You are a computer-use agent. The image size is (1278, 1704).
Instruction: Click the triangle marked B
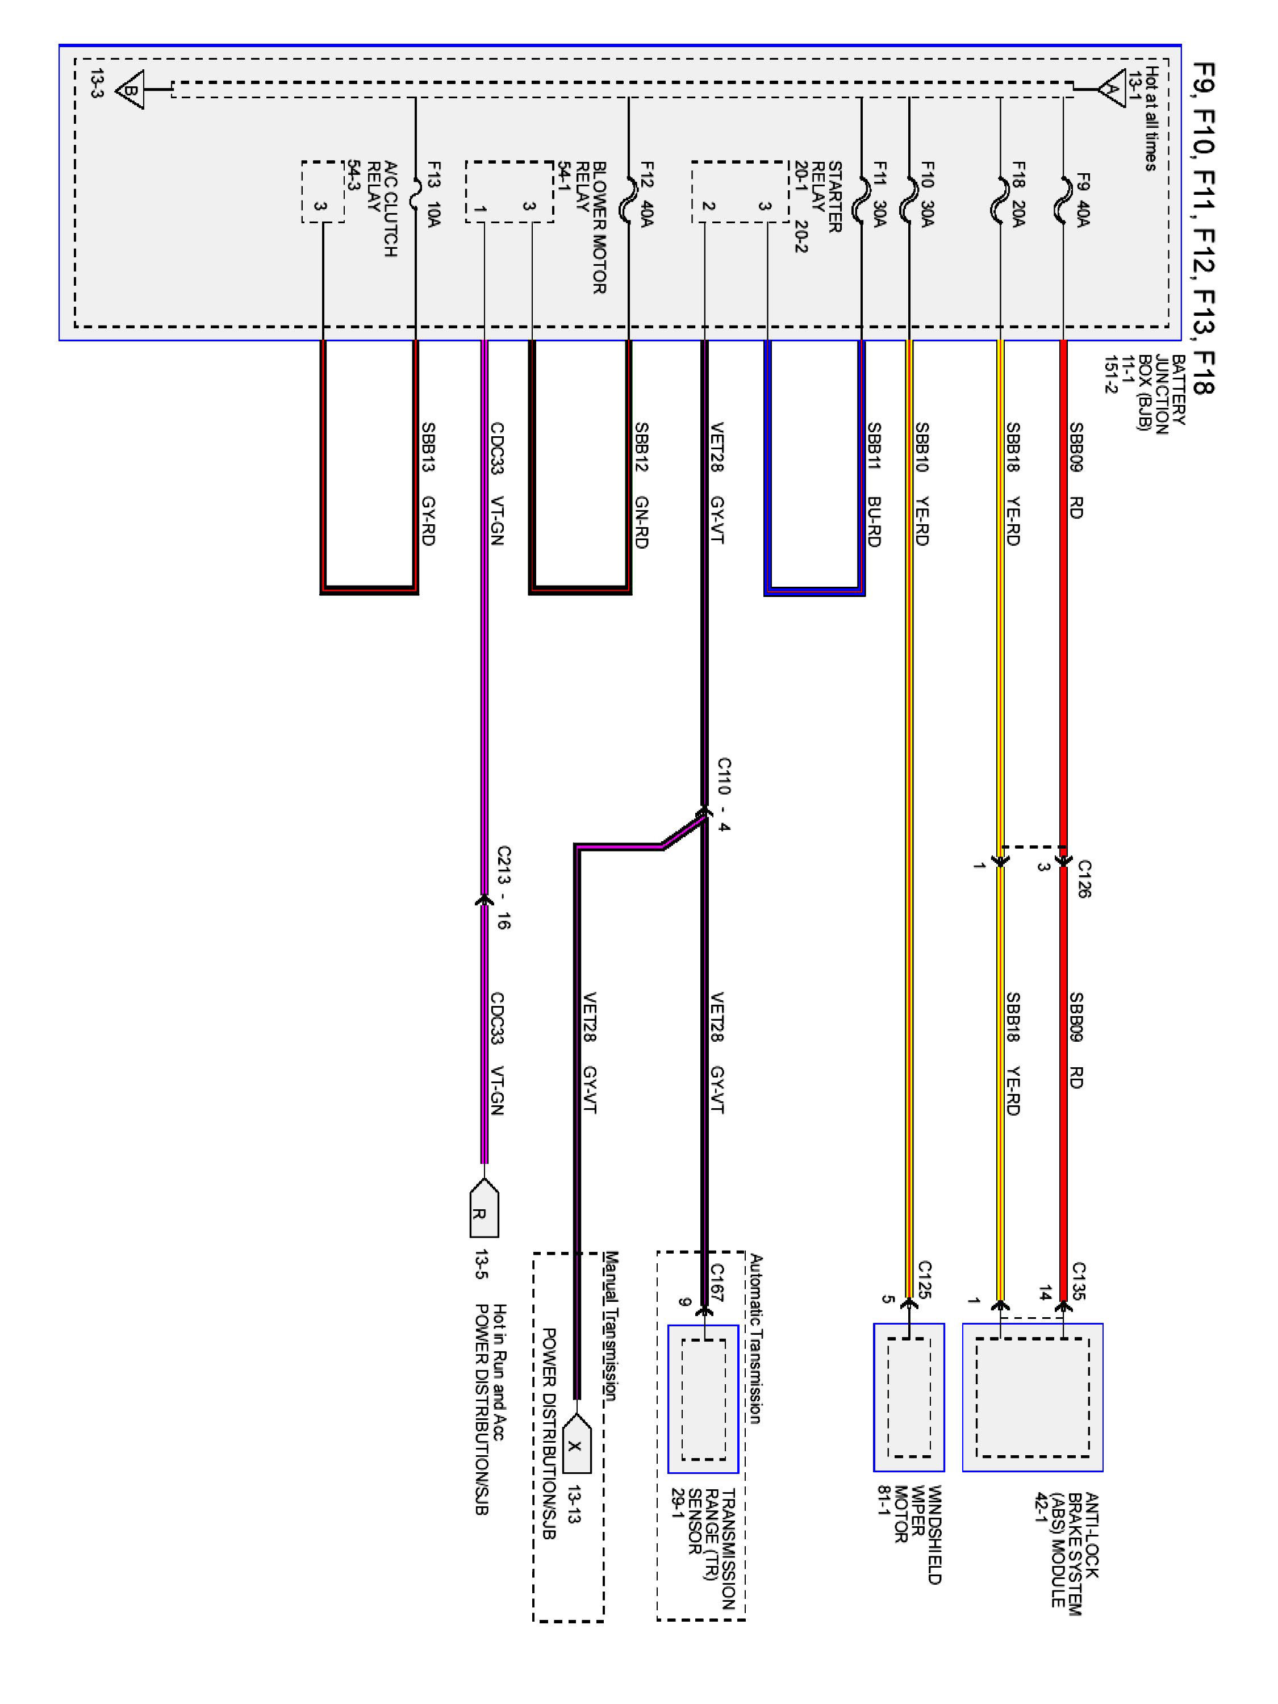pos(130,90)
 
